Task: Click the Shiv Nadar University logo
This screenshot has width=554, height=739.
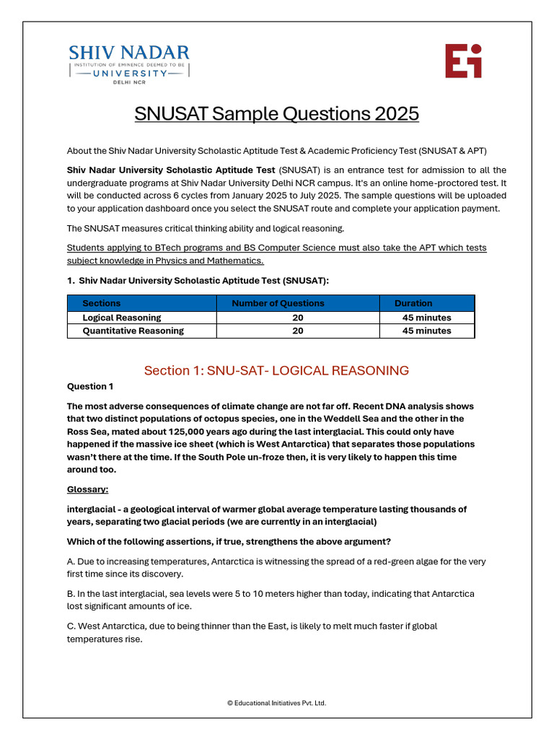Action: [x=128, y=61]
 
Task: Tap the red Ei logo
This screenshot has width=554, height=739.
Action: [x=462, y=61]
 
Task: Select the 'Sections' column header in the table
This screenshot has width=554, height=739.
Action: [x=102, y=303]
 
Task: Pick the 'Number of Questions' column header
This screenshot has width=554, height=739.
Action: [x=278, y=303]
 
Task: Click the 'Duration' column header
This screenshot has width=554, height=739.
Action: [x=413, y=303]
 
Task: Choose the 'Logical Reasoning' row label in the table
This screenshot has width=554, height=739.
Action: [x=122, y=318]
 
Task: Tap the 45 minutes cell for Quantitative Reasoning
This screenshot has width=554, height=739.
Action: [x=426, y=331]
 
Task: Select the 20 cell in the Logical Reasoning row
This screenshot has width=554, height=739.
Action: [x=298, y=318]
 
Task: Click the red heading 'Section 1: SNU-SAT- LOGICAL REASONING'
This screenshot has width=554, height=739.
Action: [x=276, y=371]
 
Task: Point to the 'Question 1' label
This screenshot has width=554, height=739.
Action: [x=90, y=387]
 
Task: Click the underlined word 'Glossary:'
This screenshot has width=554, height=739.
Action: [x=87, y=489]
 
